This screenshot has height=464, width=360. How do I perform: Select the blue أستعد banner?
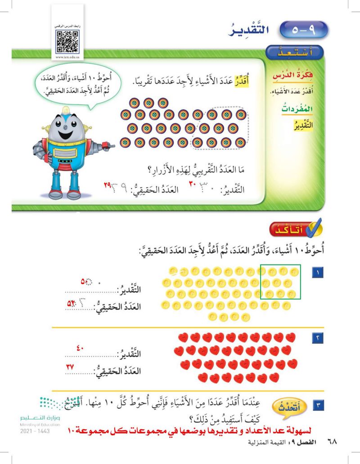pos(296,53)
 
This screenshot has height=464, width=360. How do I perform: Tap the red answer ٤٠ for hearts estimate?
pos(84,347)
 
